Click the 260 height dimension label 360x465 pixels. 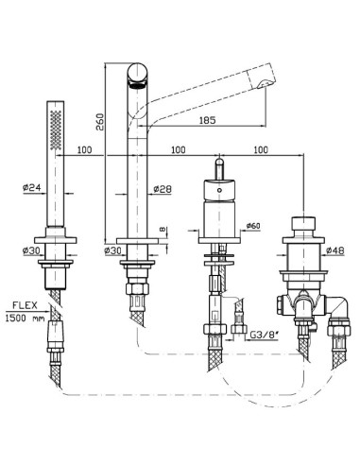tap(99, 122)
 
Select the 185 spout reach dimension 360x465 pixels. tap(207, 120)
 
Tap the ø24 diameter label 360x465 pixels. tap(32, 187)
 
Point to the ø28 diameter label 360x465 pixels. tap(163, 189)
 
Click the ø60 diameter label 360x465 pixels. tap(253, 226)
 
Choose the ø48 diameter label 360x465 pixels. tap(335, 250)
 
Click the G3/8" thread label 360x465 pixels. tap(265, 335)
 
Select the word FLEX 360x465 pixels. tap(25, 305)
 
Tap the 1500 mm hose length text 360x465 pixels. tap(26, 318)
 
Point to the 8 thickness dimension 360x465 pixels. tap(163, 230)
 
